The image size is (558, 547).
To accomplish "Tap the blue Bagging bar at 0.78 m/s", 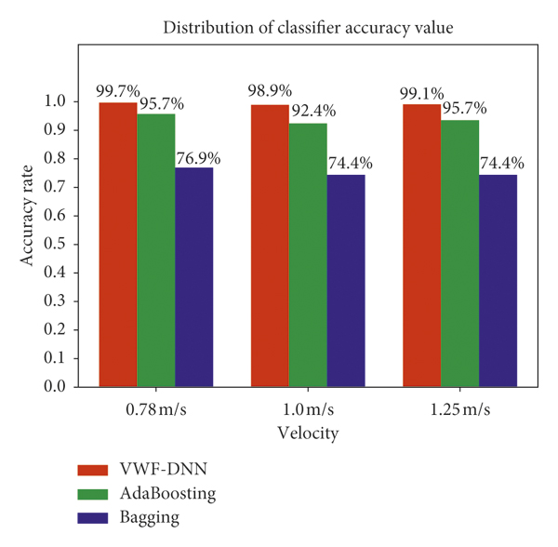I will click(x=194, y=276).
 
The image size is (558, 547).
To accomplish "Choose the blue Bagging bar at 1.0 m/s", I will click(x=346, y=280).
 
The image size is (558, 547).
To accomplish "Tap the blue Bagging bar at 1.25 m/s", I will click(x=498, y=280).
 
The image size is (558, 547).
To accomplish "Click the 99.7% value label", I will click(x=118, y=91).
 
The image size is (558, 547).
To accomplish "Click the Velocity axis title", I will click(x=307, y=434).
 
